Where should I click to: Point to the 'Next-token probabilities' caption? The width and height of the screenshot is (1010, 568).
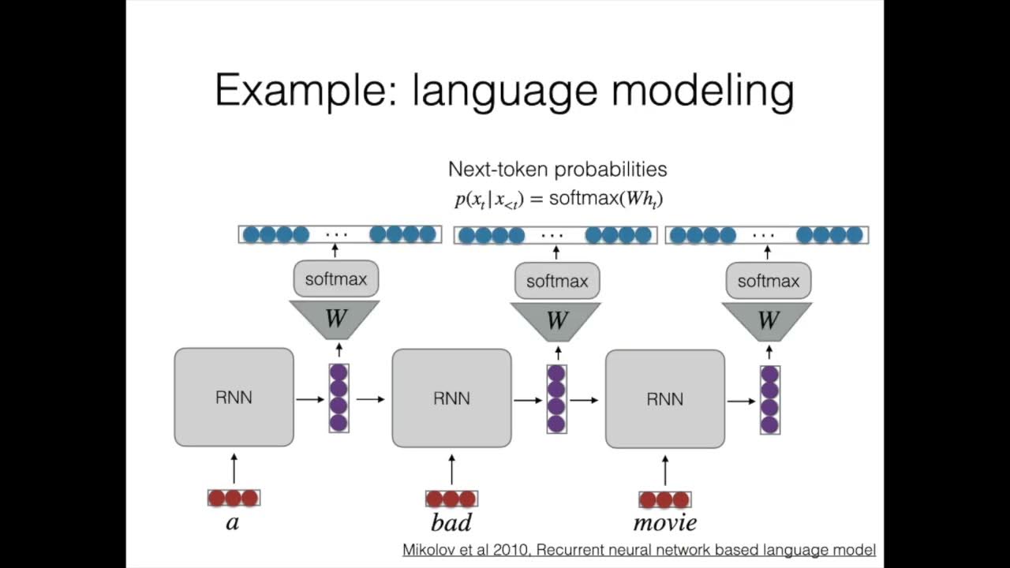(x=557, y=169)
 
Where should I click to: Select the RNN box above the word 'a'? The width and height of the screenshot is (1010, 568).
(x=234, y=398)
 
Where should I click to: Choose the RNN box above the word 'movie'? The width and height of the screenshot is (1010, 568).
(x=664, y=399)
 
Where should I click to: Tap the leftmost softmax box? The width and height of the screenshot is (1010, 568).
(x=335, y=279)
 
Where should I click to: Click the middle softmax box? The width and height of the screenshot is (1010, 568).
(x=557, y=281)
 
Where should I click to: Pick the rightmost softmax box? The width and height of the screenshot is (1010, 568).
(x=768, y=281)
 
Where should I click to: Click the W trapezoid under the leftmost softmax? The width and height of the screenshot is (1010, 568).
(x=335, y=319)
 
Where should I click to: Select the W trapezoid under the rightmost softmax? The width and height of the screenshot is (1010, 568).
(x=768, y=320)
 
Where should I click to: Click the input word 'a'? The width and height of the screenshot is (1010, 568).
(x=233, y=522)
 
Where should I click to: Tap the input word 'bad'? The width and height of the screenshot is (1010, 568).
(x=451, y=522)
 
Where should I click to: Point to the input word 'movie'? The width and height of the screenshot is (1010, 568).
(x=664, y=522)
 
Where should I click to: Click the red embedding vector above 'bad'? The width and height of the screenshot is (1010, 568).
(x=451, y=499)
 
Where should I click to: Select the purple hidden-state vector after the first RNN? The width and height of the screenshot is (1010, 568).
(x=339, y=398)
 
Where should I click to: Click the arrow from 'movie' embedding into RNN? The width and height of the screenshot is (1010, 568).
(x=664, y=470)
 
